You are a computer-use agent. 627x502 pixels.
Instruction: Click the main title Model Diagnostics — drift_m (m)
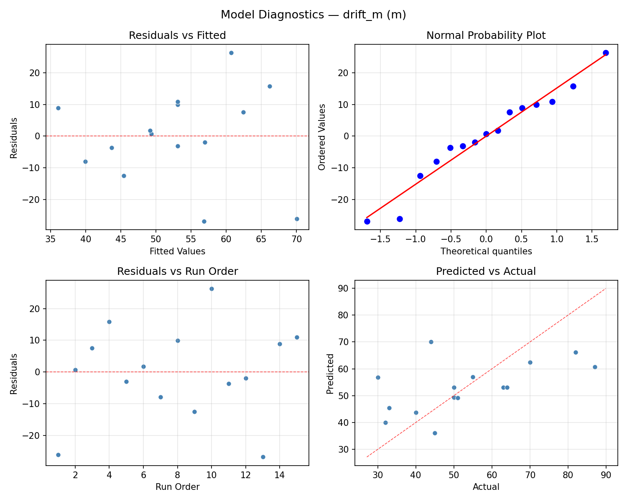pos(313,15)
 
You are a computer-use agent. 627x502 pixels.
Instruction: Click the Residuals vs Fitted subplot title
pos(177,36)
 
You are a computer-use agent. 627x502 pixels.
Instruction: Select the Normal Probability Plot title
pos(486,36)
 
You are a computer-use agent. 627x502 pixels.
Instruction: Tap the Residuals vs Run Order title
pos(177,271)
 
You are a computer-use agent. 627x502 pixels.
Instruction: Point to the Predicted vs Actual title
pos(486,271)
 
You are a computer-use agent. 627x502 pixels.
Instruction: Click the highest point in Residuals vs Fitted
pos(231,53)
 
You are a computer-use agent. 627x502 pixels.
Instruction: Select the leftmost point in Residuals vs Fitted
pos(58,108)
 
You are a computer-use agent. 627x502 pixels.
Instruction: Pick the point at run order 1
pos(58,455)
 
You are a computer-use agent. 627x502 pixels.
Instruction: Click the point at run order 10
pos(212,289)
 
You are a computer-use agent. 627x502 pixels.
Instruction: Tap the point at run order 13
pos(263,457)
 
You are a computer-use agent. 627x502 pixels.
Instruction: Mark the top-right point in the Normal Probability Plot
pos(606,53)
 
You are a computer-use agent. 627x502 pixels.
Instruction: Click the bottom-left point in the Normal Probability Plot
pos(367,221)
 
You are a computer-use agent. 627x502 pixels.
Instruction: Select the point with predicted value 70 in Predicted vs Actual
pos(431,342)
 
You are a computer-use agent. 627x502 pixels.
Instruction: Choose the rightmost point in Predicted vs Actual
pos(595,367)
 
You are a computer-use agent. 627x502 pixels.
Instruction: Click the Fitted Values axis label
pos(177,251)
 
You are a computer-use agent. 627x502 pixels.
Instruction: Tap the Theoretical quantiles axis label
pos(486,251)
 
